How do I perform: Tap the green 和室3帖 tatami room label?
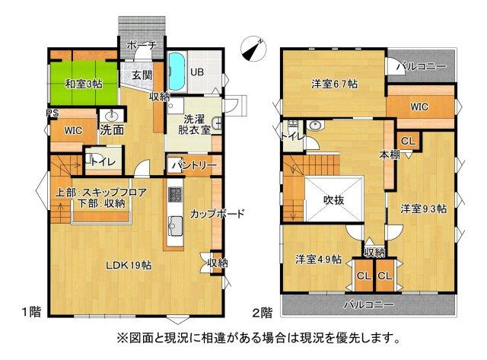83,83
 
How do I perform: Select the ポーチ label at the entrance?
141,46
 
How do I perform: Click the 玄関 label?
142,75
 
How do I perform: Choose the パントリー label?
193,164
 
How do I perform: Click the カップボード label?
218,214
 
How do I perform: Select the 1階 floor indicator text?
30,311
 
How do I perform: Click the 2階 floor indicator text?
262,311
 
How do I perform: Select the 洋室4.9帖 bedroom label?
318,258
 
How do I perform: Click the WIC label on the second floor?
419,107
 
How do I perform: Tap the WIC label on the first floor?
73,130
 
